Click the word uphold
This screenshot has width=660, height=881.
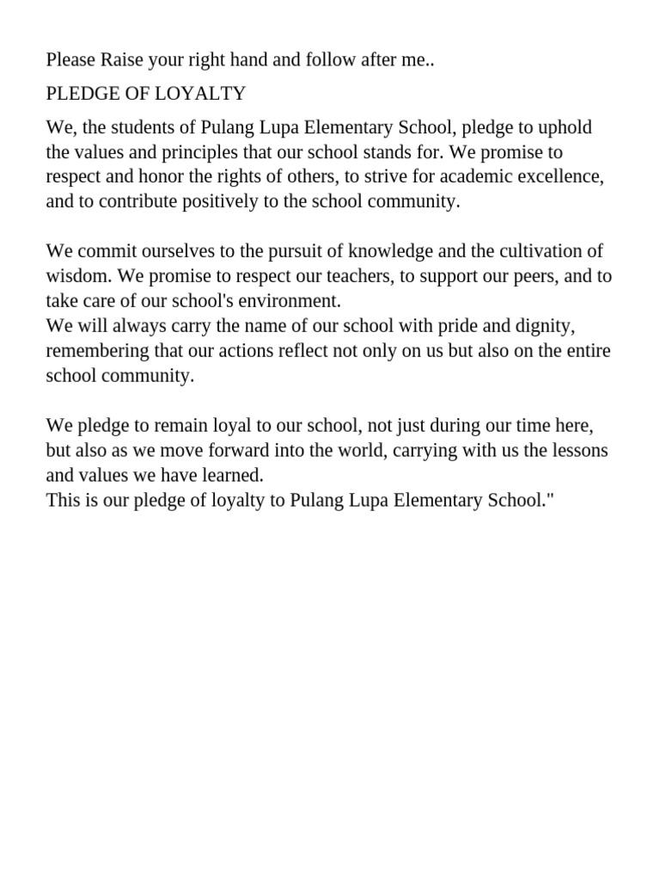[565, 128]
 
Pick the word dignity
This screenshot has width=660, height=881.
[543, 327]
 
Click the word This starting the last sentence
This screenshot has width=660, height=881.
[62, 501]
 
